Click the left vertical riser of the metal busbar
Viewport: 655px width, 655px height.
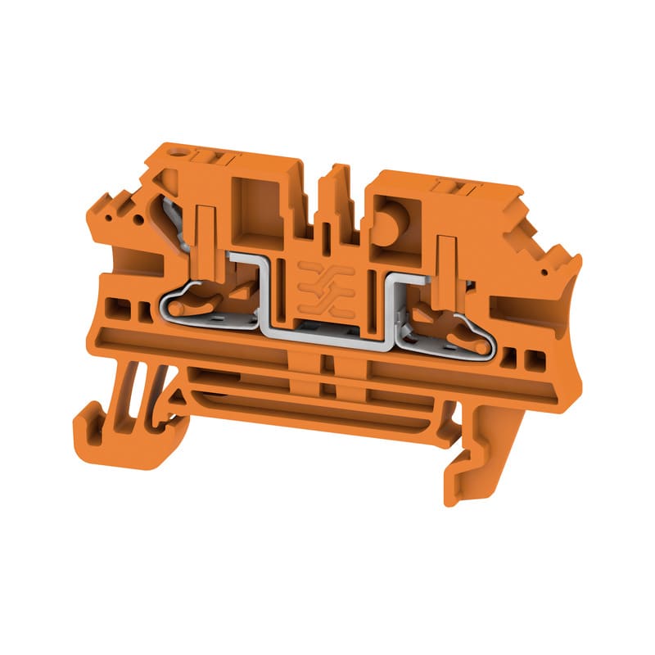pyautogui.click(x=265, y=295)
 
